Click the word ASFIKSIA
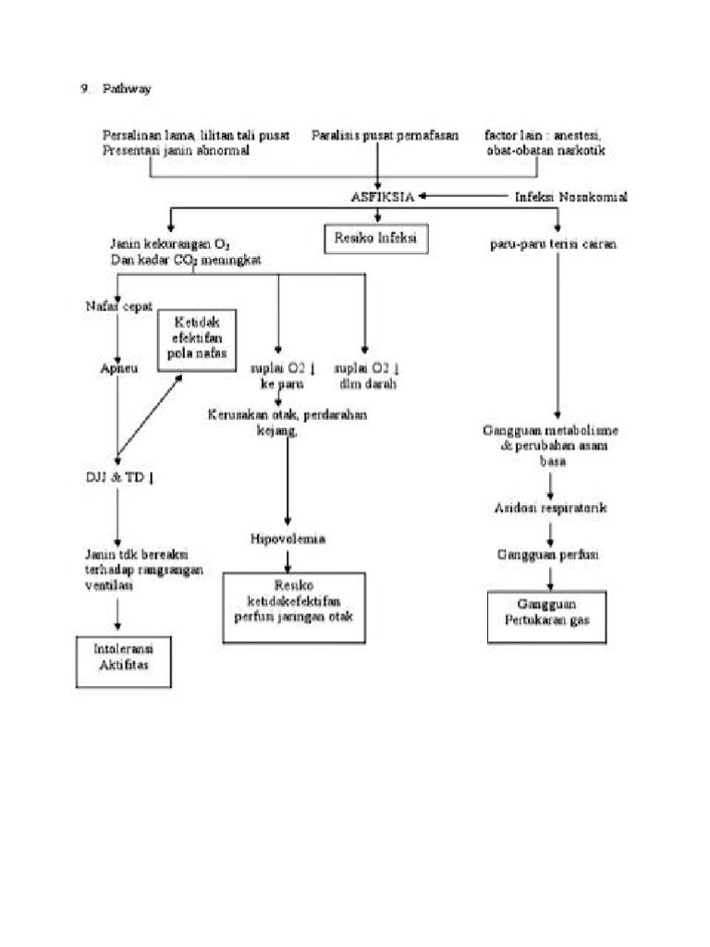click(x=382, y=197)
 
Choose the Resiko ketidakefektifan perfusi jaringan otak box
click(x=293, y=607)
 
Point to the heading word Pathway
click(x=127, y=89)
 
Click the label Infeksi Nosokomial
click(x=570, y=197)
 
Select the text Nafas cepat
click(x=117, y=305)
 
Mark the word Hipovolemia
click(x=288, y=538)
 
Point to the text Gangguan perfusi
click(x=549, y=554)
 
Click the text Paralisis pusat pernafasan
click(x=385, y=135)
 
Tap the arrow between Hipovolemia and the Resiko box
click(x=288, y=559)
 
